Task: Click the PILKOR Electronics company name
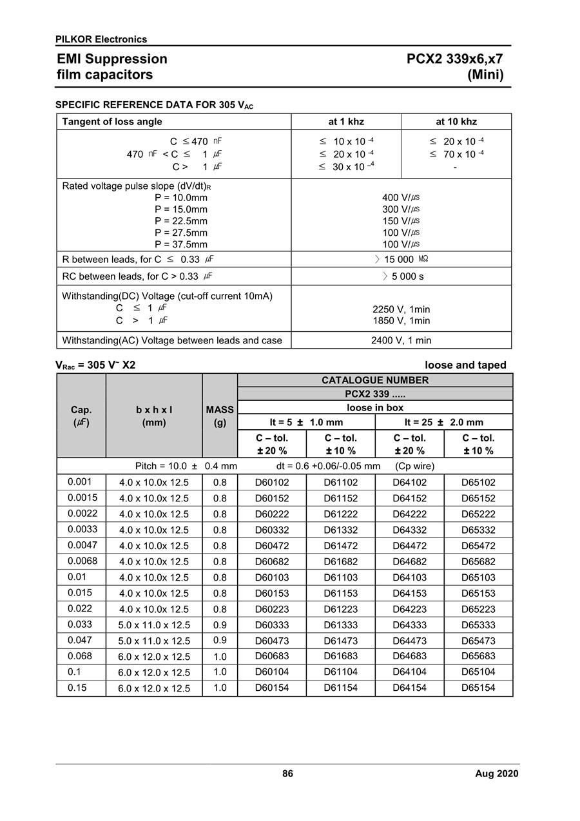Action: (101, 39)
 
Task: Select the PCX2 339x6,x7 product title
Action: (454, 59)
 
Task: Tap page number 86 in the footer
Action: (287, 773)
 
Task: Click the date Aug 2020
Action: (496, 774)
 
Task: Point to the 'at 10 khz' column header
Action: (456, 122)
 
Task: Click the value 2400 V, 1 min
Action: (401, 340)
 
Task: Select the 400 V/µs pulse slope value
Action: (401, 198)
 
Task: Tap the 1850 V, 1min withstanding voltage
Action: (401, 321)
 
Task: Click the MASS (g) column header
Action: (220, 416)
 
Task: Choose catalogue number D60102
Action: (272, 482)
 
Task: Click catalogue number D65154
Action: (478, 688)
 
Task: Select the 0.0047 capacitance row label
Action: (81, 545)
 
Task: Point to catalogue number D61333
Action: (340, 624)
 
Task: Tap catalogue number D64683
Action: (409, 656)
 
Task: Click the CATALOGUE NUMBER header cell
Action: (375, 380)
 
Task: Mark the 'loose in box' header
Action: (375, 407)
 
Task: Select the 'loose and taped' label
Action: (465, 365)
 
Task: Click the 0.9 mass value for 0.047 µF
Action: (220, 641)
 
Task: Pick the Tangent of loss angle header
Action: (112, 122)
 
